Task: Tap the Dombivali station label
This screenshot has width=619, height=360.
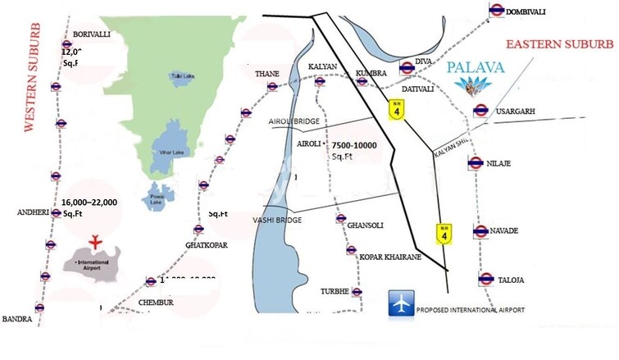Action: click(x=536, y=11)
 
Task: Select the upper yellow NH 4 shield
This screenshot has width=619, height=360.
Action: click(x=398, y=108)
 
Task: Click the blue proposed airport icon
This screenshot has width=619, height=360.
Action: click(x=400, y=304)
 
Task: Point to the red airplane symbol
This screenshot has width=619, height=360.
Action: click(x=96, y=241)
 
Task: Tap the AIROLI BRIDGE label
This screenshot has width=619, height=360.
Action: click(x=294, y=121)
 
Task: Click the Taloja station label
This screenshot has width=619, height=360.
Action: click(x=511, y=280)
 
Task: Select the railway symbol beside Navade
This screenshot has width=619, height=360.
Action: click(x=481, y=231)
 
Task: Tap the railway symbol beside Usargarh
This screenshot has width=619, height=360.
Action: click(x=481, y=111)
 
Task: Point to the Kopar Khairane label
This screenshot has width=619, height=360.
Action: click(x=391, y=257)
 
